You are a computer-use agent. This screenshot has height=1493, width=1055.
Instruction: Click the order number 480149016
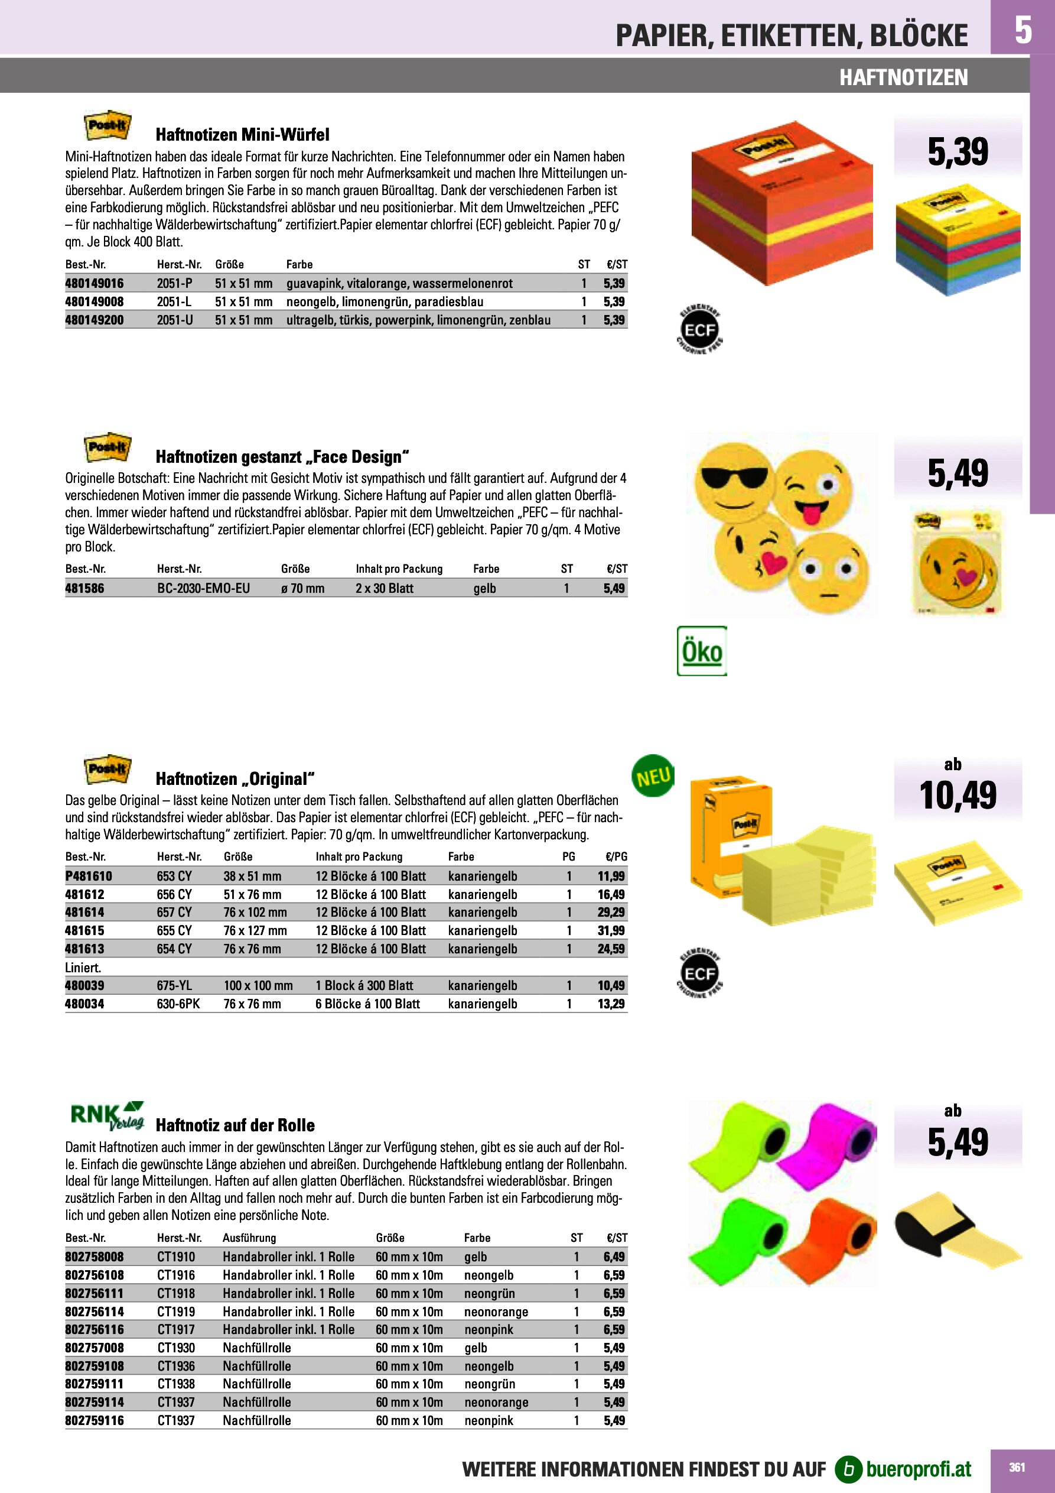[95, 284]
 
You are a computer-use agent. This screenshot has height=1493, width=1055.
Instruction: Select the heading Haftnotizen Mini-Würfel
[242, 135]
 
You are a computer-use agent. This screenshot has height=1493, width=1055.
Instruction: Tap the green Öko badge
[701, 651]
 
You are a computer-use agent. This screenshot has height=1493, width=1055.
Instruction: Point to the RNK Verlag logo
[106, 1116]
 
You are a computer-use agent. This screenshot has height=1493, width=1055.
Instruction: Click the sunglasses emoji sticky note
[734, 480]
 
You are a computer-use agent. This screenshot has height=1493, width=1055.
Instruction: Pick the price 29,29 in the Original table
[611, 913]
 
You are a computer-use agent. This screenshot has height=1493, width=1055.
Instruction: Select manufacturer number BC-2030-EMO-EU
[203, 589]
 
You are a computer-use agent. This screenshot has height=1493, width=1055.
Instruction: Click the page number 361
[1017, 1467]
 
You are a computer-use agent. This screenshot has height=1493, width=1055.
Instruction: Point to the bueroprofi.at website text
[919, 1469]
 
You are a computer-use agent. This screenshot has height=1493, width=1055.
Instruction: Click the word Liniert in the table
[83, 968]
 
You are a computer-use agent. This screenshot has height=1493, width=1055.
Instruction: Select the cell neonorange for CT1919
[496, 1312]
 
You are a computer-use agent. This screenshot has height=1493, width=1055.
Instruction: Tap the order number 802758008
[95, 1257]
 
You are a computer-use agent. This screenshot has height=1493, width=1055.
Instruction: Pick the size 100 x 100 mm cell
[258, 986]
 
